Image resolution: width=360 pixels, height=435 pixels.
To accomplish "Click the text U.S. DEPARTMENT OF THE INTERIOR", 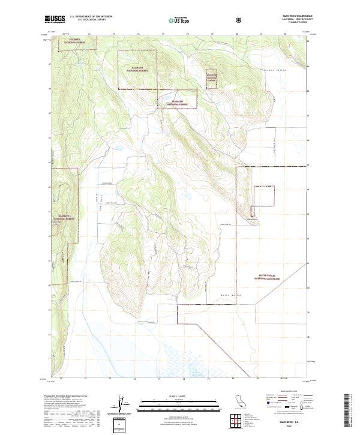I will click(x=91, y=17).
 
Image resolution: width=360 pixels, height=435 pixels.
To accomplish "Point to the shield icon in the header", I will click(x=239, y=19).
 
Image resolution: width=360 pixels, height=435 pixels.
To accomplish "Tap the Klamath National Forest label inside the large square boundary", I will click(x=137, y=69).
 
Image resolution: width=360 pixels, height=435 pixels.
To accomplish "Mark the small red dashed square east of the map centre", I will click(x=264, y=196).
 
